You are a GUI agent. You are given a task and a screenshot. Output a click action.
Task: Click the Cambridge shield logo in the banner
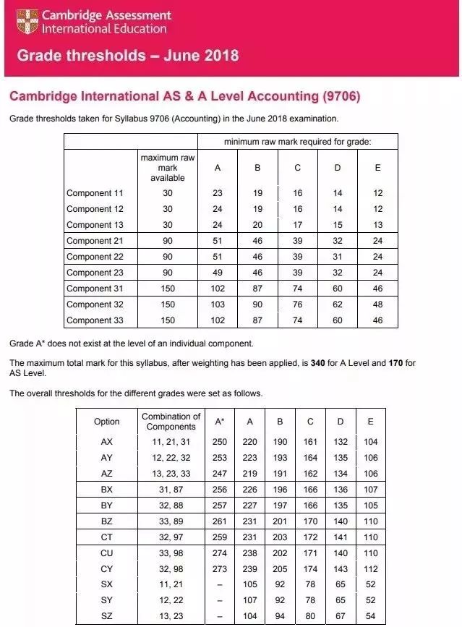tap(27, 20)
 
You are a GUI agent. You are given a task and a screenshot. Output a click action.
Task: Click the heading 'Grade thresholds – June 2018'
tap(127, 56)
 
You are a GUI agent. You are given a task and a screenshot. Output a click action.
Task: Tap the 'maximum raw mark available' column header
tap(168, 168)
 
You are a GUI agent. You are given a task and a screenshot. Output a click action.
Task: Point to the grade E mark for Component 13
tap(377, 225)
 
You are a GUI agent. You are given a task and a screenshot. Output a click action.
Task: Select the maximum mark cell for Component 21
tap(168, 241)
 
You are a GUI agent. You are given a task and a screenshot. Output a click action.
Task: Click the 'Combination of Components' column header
tap(171, 422)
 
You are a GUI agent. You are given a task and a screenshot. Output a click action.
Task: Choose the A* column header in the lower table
tap(220, 422)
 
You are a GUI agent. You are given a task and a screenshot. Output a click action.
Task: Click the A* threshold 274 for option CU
tap(220, 553)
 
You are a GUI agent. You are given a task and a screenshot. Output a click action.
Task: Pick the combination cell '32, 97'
tap(171, 538)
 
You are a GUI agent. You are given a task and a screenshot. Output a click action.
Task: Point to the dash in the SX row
tap(220, 585)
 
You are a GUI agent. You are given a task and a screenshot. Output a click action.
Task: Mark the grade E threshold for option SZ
tap(372, 617)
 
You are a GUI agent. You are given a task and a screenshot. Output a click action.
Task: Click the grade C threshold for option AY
tap(311, 457)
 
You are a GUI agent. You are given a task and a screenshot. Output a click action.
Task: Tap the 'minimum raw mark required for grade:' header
tap(297, 142)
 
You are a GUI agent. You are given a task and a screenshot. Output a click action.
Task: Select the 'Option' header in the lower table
tap(107, 422)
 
